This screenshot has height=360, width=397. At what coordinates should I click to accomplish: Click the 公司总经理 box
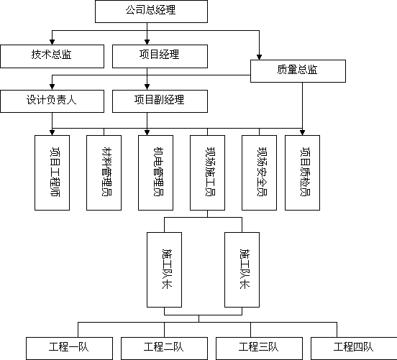(151, 11)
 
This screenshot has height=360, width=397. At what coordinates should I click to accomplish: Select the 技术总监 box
(53, 57)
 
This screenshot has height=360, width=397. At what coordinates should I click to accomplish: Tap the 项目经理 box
(160, 57)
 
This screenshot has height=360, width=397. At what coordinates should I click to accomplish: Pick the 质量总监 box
(298, 71)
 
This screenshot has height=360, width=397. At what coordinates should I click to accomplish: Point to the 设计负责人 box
(53, 101)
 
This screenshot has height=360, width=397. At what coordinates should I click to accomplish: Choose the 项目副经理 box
(160, 101)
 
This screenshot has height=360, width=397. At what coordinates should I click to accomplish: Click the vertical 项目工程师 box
(53, 172)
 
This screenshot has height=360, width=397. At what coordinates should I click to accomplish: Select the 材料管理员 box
(104, 172)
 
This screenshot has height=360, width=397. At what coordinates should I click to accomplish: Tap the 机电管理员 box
(156, 172)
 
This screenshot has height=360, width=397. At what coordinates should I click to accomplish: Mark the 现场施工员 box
(207, 172)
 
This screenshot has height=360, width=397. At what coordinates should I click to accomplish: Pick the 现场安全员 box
(259, 172)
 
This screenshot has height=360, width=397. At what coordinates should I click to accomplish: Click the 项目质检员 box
(302, 172)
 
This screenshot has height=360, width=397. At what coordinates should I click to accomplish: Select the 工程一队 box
(69, 349)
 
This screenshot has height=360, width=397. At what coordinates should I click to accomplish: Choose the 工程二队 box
(164, 349)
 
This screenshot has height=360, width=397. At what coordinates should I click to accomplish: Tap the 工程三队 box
(259, 349)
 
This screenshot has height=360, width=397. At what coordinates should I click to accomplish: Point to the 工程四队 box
(354, 349)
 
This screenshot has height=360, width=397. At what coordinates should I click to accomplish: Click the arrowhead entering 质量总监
(259, 57)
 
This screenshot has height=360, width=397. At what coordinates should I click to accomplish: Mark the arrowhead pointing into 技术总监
(53, 42)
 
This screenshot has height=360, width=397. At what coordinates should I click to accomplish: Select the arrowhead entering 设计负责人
(53, 87)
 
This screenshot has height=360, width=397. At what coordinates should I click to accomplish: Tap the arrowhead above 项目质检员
(302, 132)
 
